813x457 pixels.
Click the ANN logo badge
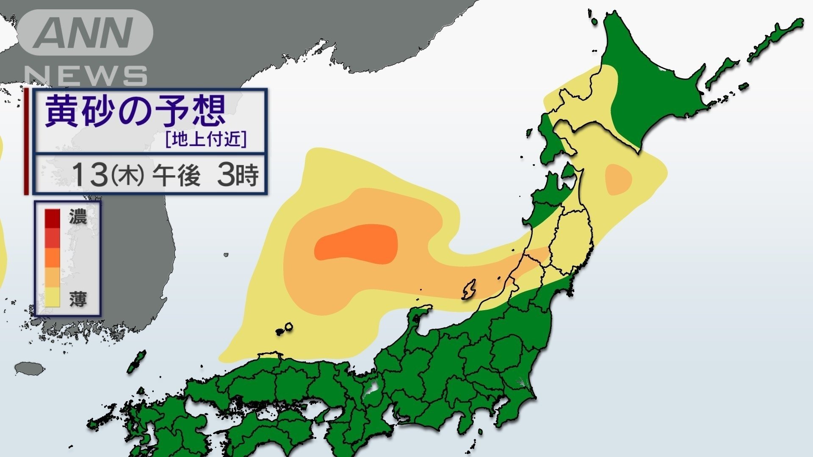tap(85, 33)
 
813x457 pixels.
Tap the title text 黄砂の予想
tap(135, 110)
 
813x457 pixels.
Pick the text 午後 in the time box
tap(176, 175)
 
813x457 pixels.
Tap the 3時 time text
tap(238, 175)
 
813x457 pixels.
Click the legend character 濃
tap(78, 217)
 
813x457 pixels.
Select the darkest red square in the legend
tap(53, 218)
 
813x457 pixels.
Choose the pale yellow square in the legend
tap(53, 297)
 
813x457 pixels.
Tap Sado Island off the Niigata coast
tap(469, 289)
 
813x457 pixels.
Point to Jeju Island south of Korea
tap(30, 368)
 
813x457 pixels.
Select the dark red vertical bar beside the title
tap(26, 141)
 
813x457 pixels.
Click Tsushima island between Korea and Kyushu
tap(136, 362)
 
